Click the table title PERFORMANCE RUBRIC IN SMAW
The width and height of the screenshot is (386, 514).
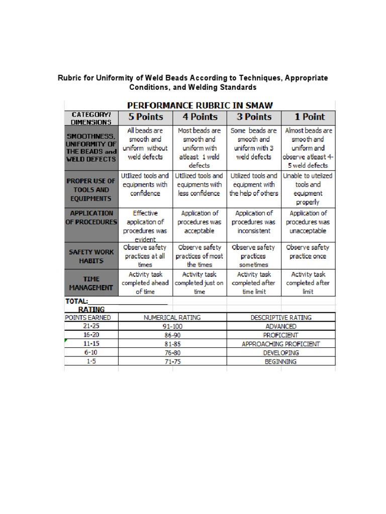(200, 105)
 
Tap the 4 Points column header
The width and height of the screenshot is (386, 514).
(200, 117)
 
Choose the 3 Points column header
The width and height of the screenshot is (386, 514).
(254, 117)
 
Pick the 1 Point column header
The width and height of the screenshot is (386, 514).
(309, 117)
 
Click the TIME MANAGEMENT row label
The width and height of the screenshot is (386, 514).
(91, 283)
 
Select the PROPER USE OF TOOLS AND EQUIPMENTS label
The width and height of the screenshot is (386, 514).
(91, 190)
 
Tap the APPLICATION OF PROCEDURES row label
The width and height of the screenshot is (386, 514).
(91, 217)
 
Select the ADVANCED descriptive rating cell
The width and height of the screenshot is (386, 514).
(280, 326)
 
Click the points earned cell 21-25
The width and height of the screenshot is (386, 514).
(91, 326)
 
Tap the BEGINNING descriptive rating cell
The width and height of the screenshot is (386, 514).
(280, 361)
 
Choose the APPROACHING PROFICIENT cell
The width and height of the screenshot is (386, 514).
(280, 344)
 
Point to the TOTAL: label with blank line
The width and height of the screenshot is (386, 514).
(116, 301)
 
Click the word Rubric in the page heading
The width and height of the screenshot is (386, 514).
(71, 78)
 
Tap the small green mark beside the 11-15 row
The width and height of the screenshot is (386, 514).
(66, 341)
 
